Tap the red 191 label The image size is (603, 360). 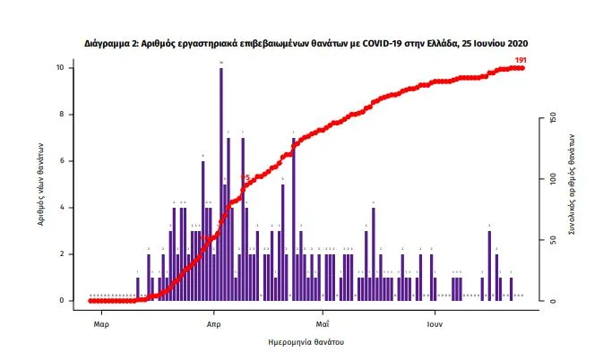point(521,60)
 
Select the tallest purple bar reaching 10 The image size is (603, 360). point(220,179)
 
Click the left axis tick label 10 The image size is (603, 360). point(59,68)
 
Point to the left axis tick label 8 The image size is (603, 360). point(61,115)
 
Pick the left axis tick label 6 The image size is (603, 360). point(61,161)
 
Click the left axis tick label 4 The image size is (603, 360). point(61,208)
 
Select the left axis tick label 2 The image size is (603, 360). point(61,254)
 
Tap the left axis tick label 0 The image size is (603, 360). point(61,301)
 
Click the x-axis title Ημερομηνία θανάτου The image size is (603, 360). point(306,343)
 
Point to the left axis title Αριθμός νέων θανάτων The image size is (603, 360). point(41,184)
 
